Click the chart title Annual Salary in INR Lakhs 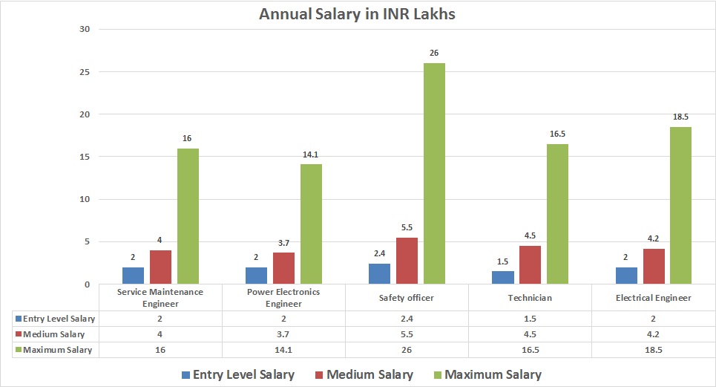tap(358, 14)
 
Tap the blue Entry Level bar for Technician tap(502, 277)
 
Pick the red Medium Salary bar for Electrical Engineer tap(653, 266)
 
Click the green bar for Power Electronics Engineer tap(311, 224)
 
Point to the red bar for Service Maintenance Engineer tap(160, 267)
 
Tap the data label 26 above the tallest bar tap(434, 53)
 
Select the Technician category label tap(530, 298)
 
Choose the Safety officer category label tap(406, 298)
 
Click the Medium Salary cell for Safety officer tap(406, 334)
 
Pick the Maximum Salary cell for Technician tap(530, 349)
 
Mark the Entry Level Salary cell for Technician tap(530, 318)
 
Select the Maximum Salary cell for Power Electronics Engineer tap(283, 349)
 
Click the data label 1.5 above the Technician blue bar tap(502, 261)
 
